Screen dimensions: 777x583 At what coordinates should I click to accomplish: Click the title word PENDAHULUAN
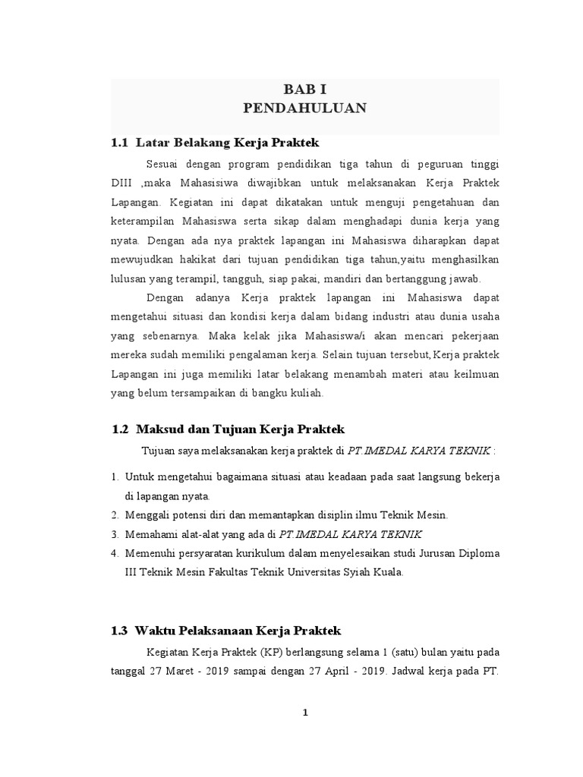304,109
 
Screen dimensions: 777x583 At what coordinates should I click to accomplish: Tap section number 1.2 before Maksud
121,429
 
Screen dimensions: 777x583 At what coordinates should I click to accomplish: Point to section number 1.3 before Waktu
120,631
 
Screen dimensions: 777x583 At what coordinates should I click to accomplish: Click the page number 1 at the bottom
304,713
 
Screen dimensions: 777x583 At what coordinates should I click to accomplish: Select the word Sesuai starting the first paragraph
162,164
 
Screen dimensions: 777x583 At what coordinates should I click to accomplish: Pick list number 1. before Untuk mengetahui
115,477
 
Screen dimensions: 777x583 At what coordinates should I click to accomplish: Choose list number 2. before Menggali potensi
115,515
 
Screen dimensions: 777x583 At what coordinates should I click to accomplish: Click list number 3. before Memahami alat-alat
115,534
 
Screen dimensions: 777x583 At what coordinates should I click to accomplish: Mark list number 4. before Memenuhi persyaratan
115,554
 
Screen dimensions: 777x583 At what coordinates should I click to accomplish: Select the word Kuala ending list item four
387,573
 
